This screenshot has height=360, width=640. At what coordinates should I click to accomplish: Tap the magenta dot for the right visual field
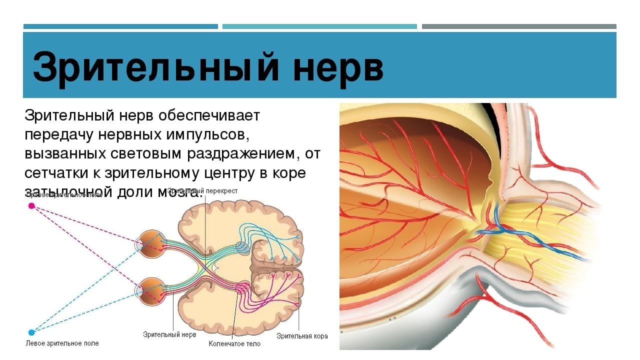(31, 205)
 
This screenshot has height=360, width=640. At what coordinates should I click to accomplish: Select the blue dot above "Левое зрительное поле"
(31, 332)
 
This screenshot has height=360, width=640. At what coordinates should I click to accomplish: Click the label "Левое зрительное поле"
(62, 343)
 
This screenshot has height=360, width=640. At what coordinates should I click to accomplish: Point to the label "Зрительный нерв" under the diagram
(169, 334)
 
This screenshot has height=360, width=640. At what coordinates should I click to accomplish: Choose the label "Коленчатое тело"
(235, 344)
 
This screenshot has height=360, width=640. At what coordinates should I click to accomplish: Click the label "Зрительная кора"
(302, 336)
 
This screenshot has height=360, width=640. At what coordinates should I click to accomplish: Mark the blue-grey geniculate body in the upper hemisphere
(242, 247)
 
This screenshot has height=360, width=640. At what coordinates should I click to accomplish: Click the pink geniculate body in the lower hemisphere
(242, 288)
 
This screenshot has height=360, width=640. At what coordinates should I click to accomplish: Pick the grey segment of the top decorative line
(519, 26)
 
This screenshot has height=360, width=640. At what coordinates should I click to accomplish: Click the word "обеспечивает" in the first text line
(209, 116)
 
